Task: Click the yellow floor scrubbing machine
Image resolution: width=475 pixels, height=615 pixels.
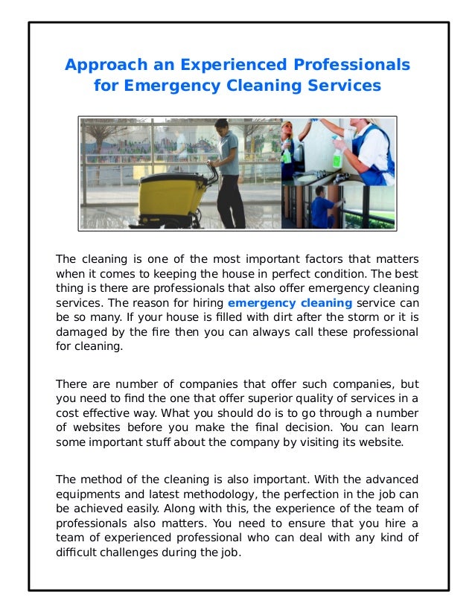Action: coord(168,198)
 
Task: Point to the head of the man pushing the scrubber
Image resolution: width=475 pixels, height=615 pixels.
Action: coord(223,129)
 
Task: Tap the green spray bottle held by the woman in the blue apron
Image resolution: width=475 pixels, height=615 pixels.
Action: coord(337,156)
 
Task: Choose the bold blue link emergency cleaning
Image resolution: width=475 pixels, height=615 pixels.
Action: coord(290,303)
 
